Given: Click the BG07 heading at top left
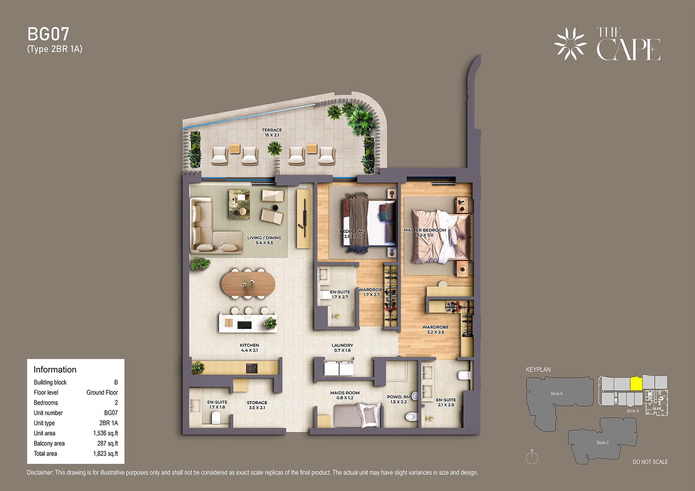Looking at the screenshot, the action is click(48, 34).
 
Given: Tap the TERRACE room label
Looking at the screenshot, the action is click(272, 130).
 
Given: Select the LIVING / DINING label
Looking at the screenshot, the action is click(264, 238).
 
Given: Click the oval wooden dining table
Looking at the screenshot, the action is click(248, 285).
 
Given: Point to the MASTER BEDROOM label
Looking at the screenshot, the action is click(425, 230).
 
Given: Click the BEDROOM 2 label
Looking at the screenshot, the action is click(353, 231).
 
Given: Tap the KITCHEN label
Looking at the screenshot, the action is click(249, 345).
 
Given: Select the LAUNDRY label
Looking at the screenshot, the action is click(342, 345).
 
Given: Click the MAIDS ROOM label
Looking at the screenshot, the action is click(345, 393).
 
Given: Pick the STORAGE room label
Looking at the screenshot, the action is click(257, 402).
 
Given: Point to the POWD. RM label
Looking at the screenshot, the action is click(398, 397).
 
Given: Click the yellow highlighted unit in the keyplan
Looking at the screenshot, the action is click(636, 383).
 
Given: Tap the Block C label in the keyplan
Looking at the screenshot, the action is click(603, 442).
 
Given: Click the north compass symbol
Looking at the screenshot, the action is click(532, 457).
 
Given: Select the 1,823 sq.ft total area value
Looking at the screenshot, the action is click(105, 454).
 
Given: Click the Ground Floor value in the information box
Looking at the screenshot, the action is click(102, 392).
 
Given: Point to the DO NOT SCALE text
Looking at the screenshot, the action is click(650, 462).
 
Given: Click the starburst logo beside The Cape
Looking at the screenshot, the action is click(571, 44).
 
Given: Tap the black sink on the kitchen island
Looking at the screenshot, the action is click(244, 325).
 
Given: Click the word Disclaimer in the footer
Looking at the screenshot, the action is click(40, 472).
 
